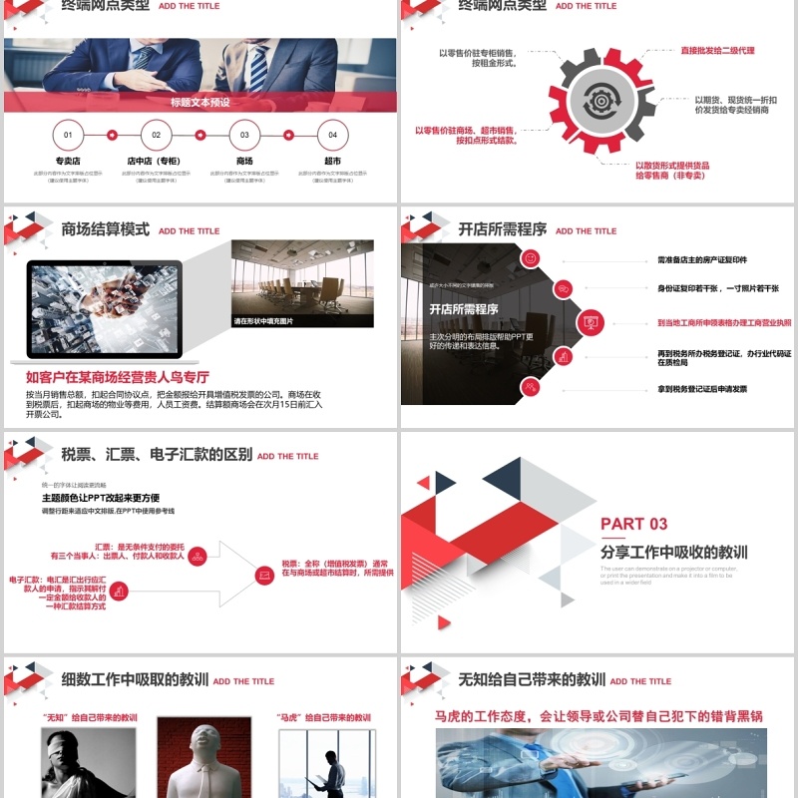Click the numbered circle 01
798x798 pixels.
point(68,135)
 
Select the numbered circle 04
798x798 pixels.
point(332,135)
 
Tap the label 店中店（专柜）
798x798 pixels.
point(156,161)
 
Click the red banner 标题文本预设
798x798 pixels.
point(200,102)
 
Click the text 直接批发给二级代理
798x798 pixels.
point(717,49)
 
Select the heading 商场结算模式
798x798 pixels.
point(106,229)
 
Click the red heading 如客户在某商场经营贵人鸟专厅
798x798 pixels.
point(118,377)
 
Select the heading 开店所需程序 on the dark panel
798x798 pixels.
point(463,309)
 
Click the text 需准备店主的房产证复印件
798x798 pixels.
point(702,259)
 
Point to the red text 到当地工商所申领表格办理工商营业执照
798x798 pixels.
point(724,323)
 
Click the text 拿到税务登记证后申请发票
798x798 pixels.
point(702,389)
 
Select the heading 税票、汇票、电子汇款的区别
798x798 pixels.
point(157,455)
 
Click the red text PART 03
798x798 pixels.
point(634,524)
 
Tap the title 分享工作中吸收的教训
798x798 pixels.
point(673,552)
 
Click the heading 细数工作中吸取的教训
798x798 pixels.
point(135,680)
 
